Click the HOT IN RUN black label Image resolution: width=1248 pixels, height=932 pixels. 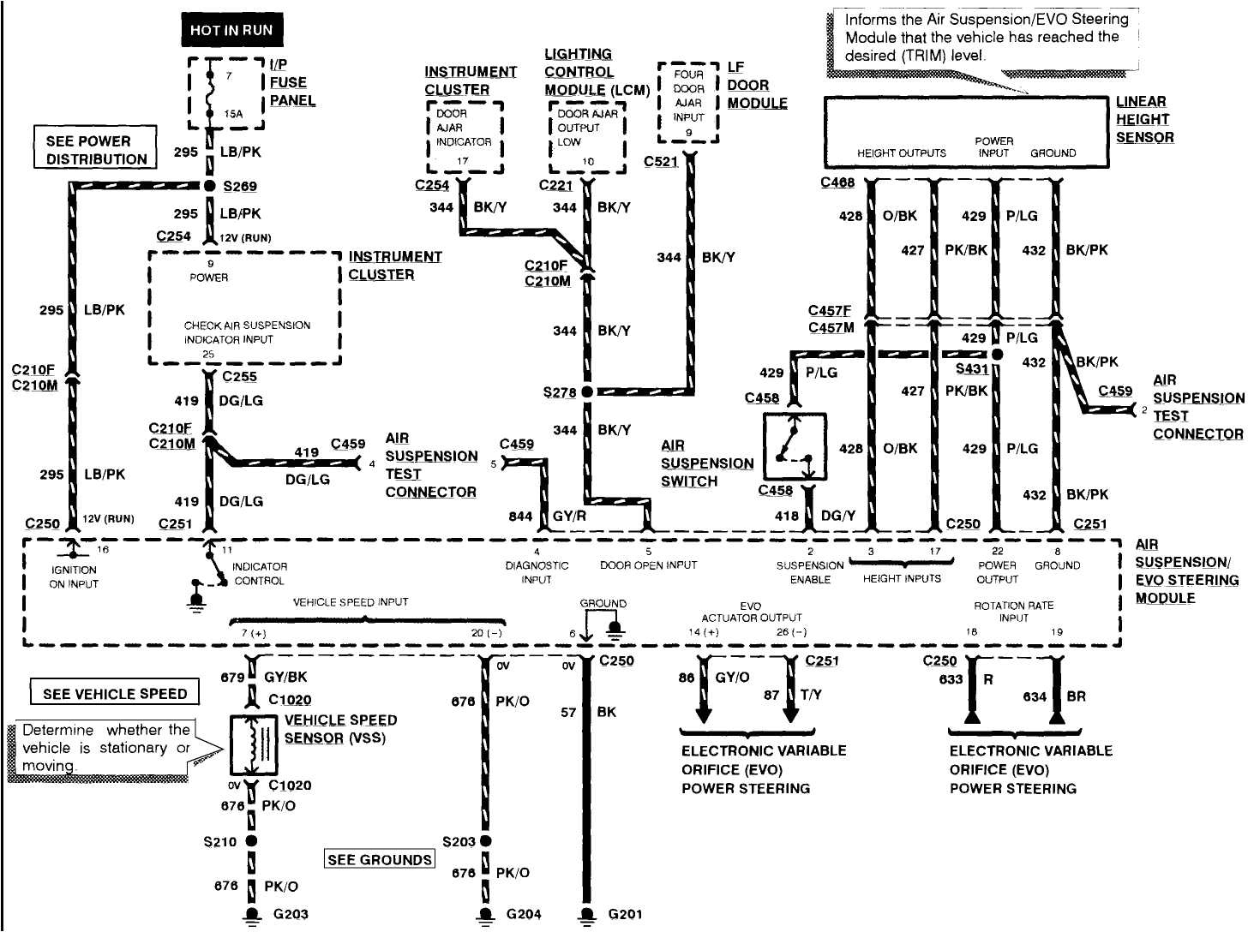click(231, 31)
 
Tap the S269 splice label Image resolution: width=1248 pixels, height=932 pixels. click(240, 186)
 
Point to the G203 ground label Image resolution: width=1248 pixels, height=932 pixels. click(290, 914)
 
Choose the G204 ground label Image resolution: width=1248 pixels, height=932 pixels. click(523, 914)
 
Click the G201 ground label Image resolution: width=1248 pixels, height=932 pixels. click(625, 914)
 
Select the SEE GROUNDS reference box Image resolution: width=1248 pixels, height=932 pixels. click(380, 859)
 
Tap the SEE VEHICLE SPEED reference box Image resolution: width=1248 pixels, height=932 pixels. click(114, 693)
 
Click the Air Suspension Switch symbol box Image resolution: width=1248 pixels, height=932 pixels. click(795, 445)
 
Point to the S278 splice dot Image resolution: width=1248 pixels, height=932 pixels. click(587, 392)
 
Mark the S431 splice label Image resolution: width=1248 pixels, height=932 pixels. click(971, 369)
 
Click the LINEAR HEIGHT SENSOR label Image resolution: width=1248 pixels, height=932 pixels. click(1143, 119)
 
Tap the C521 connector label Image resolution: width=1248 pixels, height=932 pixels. click(661, 161)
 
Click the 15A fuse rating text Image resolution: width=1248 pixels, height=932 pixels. click(234, 113)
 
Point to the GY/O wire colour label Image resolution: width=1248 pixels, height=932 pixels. click(732, 677)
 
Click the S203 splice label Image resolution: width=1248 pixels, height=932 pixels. click(459, 841)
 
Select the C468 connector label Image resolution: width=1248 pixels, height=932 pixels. click(837, 182)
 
